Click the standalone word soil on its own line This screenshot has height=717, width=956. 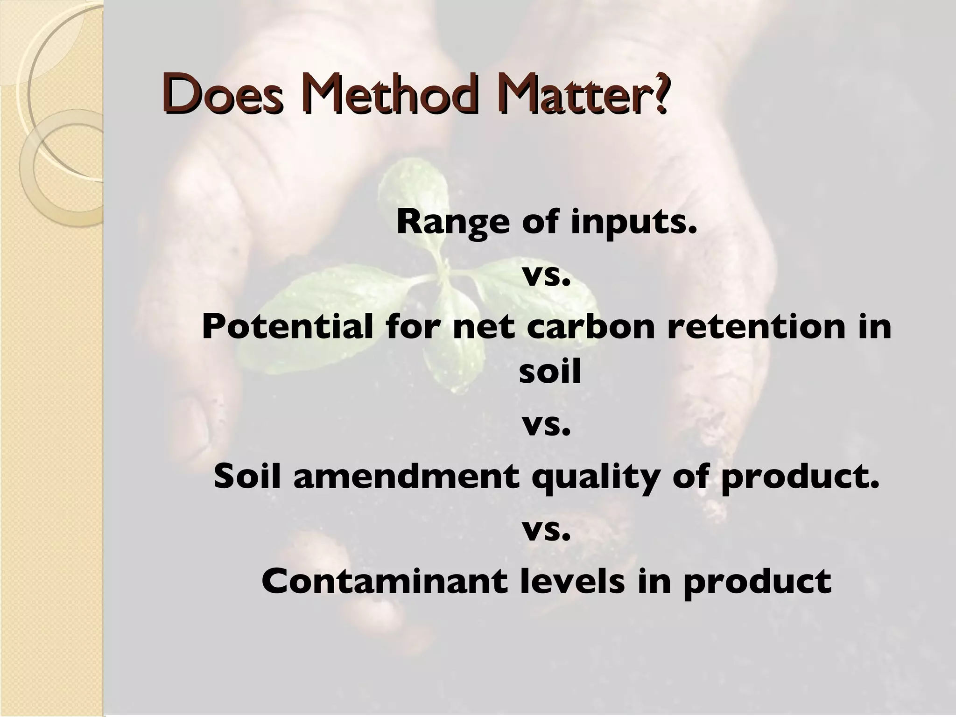550,373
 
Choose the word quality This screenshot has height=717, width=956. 588,478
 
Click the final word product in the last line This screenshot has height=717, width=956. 757,582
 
